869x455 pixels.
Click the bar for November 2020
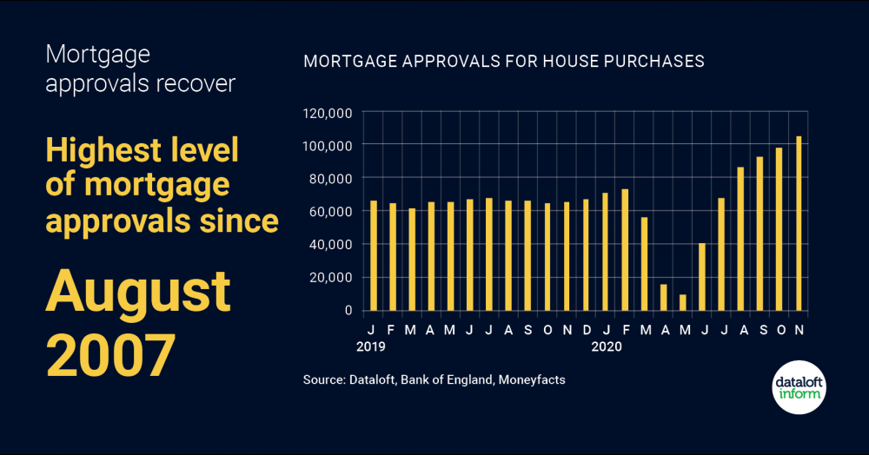[x=799, y=223]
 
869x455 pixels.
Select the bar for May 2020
[x=682, y=302]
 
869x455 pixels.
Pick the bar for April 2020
[x=663, y=297]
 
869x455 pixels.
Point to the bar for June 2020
[x=702, y=276]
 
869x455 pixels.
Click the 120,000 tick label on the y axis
[x=327, y=113]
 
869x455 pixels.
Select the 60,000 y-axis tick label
[x=330, y=212]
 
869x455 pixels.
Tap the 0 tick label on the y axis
[x=348, y=310]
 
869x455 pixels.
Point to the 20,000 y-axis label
[x=330, y=278]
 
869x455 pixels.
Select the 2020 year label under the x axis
[x=607, y=346]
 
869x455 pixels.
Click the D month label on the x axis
[x=586, y=330]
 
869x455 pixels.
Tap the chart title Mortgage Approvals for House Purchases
[x=503, y=63]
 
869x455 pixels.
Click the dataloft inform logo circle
[x=799, y=387]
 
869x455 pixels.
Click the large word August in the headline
[x=138, y=292]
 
